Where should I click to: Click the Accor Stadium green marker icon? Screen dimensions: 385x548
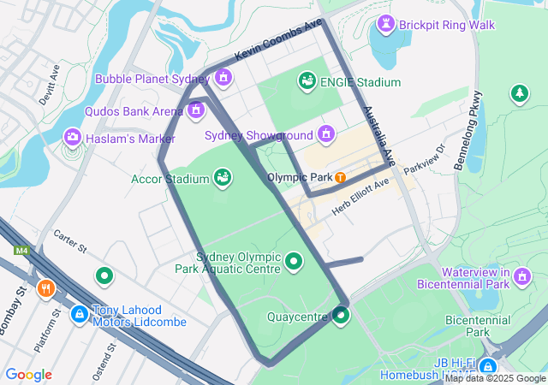point(223,178)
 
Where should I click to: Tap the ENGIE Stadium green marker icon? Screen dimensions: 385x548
point(306,81)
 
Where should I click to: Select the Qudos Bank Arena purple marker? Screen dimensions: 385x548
point(196,110)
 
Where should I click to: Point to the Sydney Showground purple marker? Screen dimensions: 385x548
point(325,133)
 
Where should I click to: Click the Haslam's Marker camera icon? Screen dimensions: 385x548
point(73,137)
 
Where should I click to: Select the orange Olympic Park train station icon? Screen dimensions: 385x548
point(341,177)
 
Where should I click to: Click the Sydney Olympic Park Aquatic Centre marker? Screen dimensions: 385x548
point(294,261)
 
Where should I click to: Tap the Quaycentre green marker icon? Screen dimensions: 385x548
point(342,317)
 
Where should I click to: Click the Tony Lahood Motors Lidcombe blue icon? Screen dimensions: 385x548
point(80,315)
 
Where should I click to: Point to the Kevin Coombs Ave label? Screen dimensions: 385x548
point(279,38)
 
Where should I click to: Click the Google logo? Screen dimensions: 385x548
point(29,375)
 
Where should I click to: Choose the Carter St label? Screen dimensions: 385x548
point(70,242)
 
